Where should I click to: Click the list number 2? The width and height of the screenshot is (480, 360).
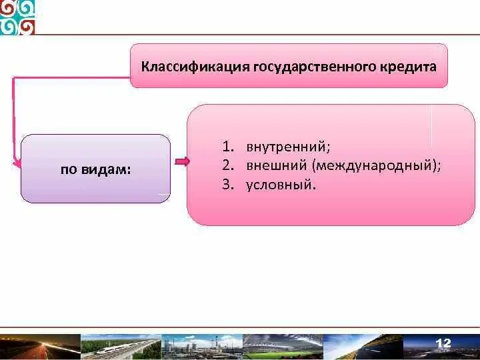point(226,165)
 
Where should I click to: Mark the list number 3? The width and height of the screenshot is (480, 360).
point(226,184)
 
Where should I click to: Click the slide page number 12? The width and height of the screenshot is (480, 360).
point(443,343)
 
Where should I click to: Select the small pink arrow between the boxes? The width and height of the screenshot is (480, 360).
point(182,161)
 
